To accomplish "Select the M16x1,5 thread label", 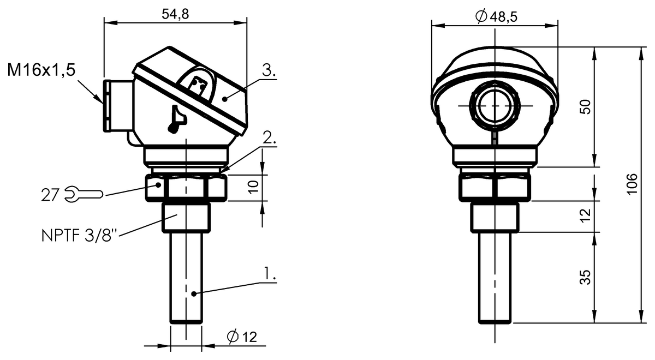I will point(41,70).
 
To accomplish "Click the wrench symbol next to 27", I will point(84,194).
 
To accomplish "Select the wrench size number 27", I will point(51,194).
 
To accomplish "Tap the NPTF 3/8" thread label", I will point(80,236).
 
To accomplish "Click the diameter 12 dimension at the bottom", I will point(241,337).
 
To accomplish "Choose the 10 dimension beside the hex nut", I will point(253,187).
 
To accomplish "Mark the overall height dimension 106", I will point(632,184).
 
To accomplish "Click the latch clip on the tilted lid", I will point(198,85).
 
